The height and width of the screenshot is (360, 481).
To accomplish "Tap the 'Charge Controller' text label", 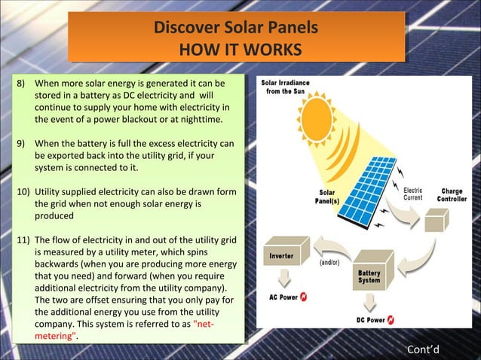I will click(452, 194).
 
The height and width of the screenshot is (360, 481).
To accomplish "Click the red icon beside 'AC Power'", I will click(304, 297).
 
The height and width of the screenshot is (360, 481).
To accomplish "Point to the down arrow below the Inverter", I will click(283, 278).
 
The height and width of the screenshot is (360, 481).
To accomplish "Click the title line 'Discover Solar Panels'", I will click(235, 29).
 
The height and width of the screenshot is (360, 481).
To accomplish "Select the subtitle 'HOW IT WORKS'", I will click(240, 50).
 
